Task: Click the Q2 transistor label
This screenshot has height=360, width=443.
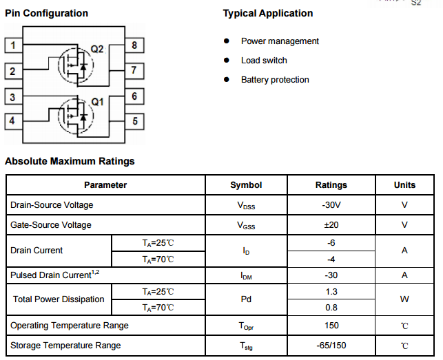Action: click(x=96, y=49)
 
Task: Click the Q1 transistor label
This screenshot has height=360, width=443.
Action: click(x=96, y=101)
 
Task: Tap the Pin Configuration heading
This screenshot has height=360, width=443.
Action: click(x=47, y=13)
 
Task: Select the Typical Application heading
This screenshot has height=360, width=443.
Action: click(x=268, y=13)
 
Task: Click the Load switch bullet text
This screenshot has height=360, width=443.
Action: click(x=264, y=61)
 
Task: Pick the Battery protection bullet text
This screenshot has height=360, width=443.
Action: click(x=275, y=80)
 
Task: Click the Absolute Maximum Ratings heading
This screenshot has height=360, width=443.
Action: click(x=70, y=161)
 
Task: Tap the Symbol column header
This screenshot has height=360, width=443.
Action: click(x=246, y=185)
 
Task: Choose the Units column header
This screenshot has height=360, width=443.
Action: click(x=404, y=185)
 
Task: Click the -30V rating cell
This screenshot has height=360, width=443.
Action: click(x=331, y=205)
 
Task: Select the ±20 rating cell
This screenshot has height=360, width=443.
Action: click(x=331, y=225)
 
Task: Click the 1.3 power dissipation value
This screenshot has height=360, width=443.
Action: click(x=331, y=292)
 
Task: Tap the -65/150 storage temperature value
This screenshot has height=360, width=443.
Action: click(x=331, y=346)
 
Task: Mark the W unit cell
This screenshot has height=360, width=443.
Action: click(x=404, y=299)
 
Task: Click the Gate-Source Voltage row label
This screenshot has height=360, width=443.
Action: click(x=50, y=225)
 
